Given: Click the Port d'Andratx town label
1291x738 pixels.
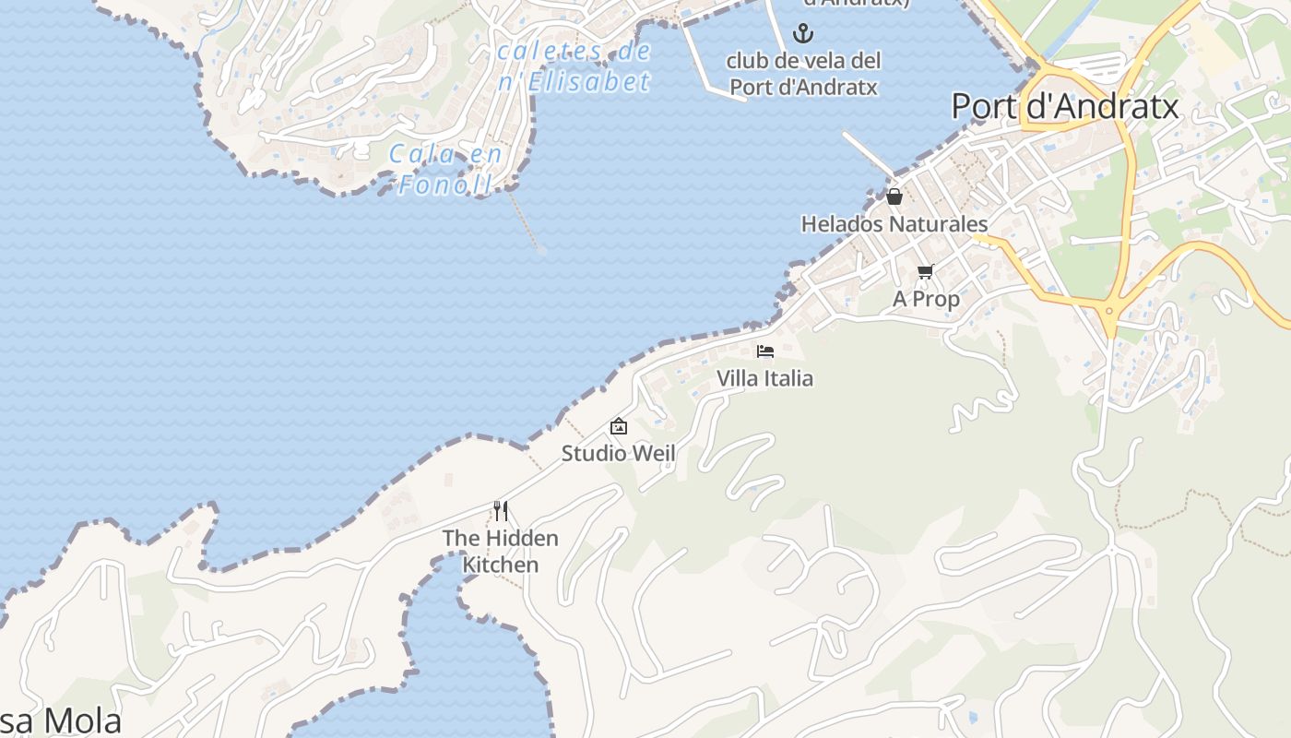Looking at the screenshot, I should click(1065, 107).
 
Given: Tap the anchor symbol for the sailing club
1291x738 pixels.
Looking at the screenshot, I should click(804, 34).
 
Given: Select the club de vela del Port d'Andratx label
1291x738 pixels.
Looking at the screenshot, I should click(803, 74).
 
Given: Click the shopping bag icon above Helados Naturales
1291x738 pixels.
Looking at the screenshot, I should click(894, 196).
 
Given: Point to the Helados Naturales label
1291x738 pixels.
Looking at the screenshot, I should click(894, 224).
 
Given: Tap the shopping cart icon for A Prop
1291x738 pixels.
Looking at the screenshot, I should click(925, 271).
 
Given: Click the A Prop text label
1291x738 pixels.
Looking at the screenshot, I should click(926, 299).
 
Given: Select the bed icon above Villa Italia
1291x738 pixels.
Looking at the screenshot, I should click(764, 351).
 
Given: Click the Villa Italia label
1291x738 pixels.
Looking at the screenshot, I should click(764, 378).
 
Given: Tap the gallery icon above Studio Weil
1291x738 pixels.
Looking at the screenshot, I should click(618, 426).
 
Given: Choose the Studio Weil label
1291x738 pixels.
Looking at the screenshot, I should click(618, 453).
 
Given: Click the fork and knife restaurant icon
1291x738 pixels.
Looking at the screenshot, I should click(500, 510).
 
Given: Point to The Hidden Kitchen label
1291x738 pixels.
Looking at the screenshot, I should click(500, 551).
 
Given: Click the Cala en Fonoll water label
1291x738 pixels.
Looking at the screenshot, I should click(445, 169).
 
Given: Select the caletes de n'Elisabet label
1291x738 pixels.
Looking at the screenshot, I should click(574, 66).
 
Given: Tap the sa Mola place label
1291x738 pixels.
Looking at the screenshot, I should click(60, 720).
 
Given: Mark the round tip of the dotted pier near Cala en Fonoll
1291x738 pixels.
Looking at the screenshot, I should click(541, 250).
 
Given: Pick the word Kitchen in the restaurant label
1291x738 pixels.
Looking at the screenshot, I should click(500, 565).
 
